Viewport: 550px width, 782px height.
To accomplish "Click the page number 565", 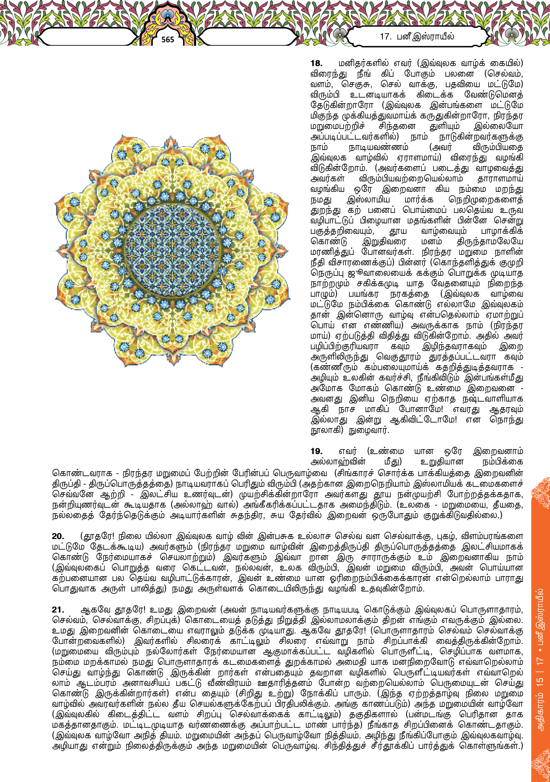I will [168, 39].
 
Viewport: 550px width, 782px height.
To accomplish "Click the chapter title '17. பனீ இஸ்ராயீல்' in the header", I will [417, 36].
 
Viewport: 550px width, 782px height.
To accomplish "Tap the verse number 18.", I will [317, 63].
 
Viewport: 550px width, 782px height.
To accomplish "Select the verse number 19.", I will [317, 451].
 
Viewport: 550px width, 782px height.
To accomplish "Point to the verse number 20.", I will [58, 536].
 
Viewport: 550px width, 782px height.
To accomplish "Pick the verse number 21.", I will [58, 610].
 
